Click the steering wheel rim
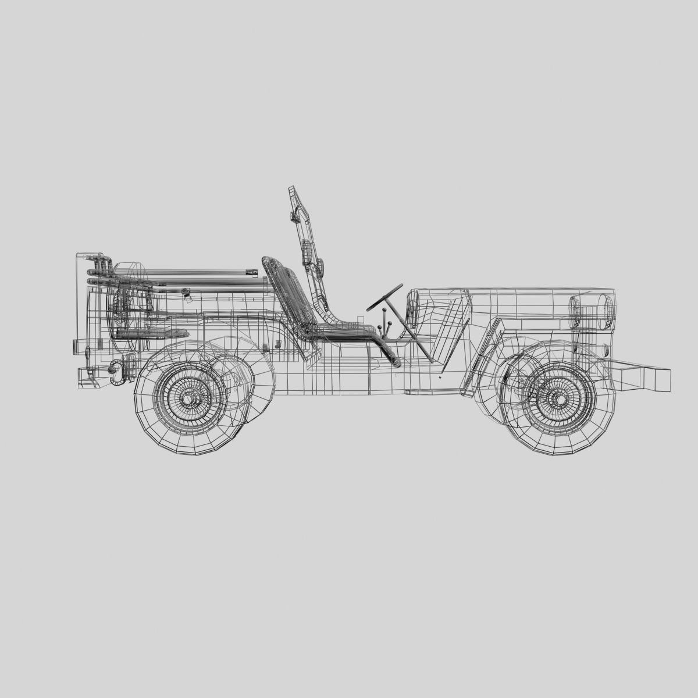384,296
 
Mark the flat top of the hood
512,289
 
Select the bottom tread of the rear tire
192,453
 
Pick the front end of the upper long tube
254,271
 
